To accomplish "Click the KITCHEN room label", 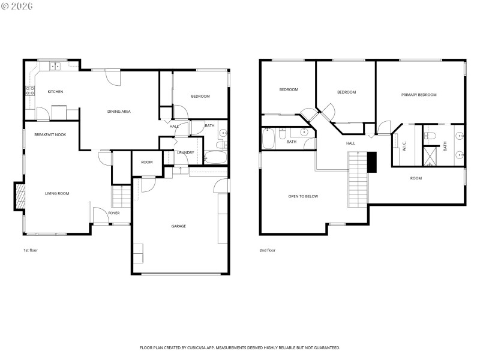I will [55, 92].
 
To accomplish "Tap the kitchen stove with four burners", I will [29, 91].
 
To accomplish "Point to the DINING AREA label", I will [119, 111].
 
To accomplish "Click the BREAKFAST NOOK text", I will [50, 134].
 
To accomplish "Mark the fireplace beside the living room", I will [20, 197].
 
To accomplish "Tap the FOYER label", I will [113, 213].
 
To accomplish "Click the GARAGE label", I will [178, 226].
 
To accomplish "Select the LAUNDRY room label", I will [185, 152].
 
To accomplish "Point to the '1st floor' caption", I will [30, 250].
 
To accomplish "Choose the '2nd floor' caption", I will [268, 250].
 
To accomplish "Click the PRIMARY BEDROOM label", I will [419, 95].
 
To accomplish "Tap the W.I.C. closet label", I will [404, 145].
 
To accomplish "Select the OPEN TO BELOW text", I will [303, 196].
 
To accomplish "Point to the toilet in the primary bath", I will [430, 136].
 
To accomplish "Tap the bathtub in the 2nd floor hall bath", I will [268, 139].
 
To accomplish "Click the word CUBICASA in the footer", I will [204, 347].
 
